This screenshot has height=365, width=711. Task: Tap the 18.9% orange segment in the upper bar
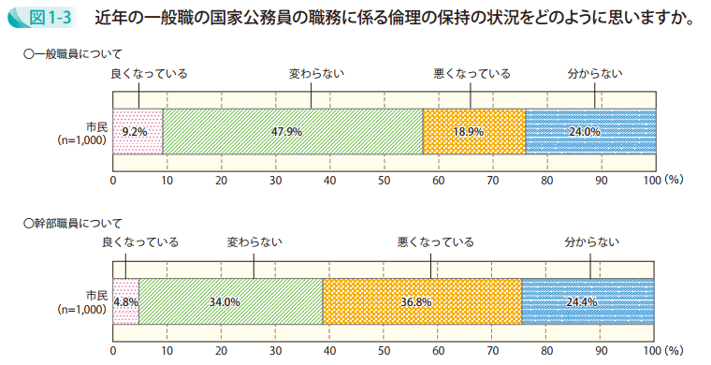click(x=473, y=132)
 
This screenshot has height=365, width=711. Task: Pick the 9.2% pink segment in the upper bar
click(x=138, y=132)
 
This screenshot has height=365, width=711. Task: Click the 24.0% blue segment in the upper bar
click(x=589, y=132)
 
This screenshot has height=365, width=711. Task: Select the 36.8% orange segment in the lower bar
click(x=422, y=302)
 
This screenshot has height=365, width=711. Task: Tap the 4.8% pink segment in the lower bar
click(x=125, y=302)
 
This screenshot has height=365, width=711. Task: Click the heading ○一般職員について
click(x=73, y=55)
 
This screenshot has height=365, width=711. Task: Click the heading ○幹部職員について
click(x=73, y=224)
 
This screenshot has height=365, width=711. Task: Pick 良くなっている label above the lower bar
click(x=138, y=242)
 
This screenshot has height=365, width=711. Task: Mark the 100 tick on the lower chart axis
click(x=652, y=352)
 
